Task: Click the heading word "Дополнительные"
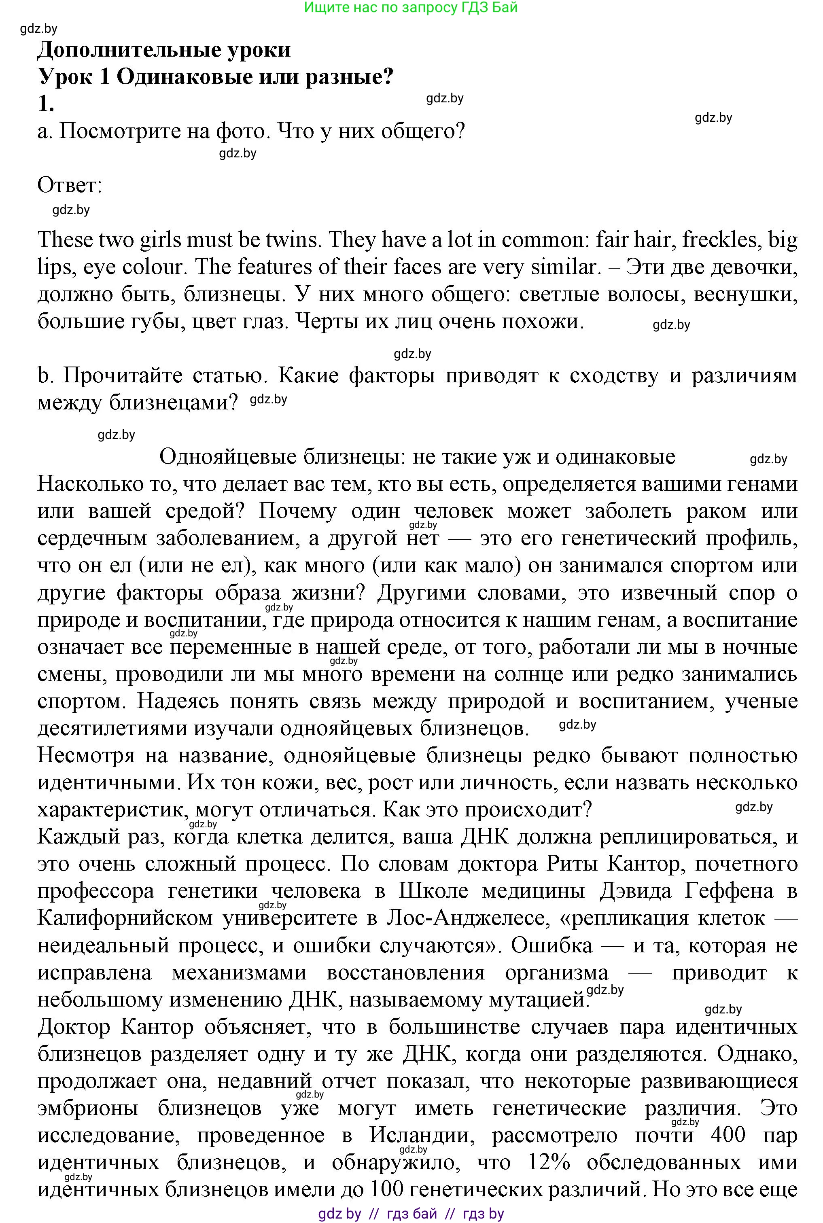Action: [x=123, y=50]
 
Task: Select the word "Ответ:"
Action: [x=70, y=185]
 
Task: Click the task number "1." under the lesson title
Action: [x=46, y=104]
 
